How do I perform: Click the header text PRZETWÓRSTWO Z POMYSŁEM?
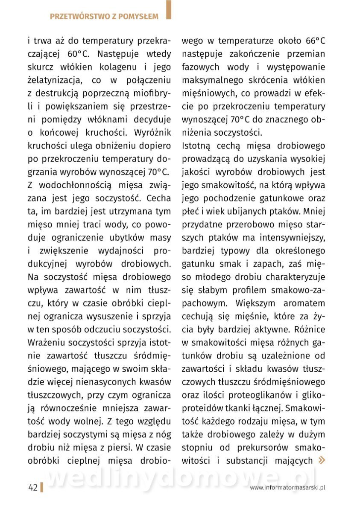click(x=104, y=17)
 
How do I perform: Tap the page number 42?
click(x=33, y=487)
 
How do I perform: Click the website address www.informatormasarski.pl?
click(x=288, y=487)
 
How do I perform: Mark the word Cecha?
click(x=158, y=198)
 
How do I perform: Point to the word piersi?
click(x=119, y=448)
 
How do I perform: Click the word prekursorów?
click(x=265, y=448)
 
